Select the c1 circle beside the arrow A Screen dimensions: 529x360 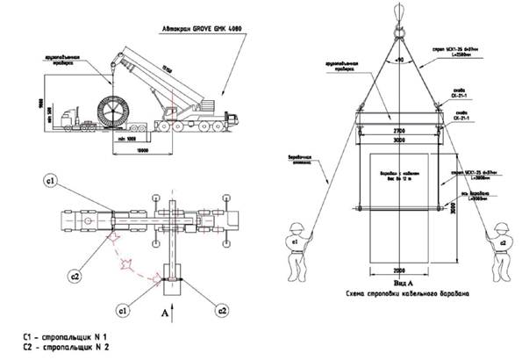tap(123, 310)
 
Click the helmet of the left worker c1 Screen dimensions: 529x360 tap(295, 225)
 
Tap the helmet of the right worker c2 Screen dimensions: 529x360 tap(501, 225)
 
